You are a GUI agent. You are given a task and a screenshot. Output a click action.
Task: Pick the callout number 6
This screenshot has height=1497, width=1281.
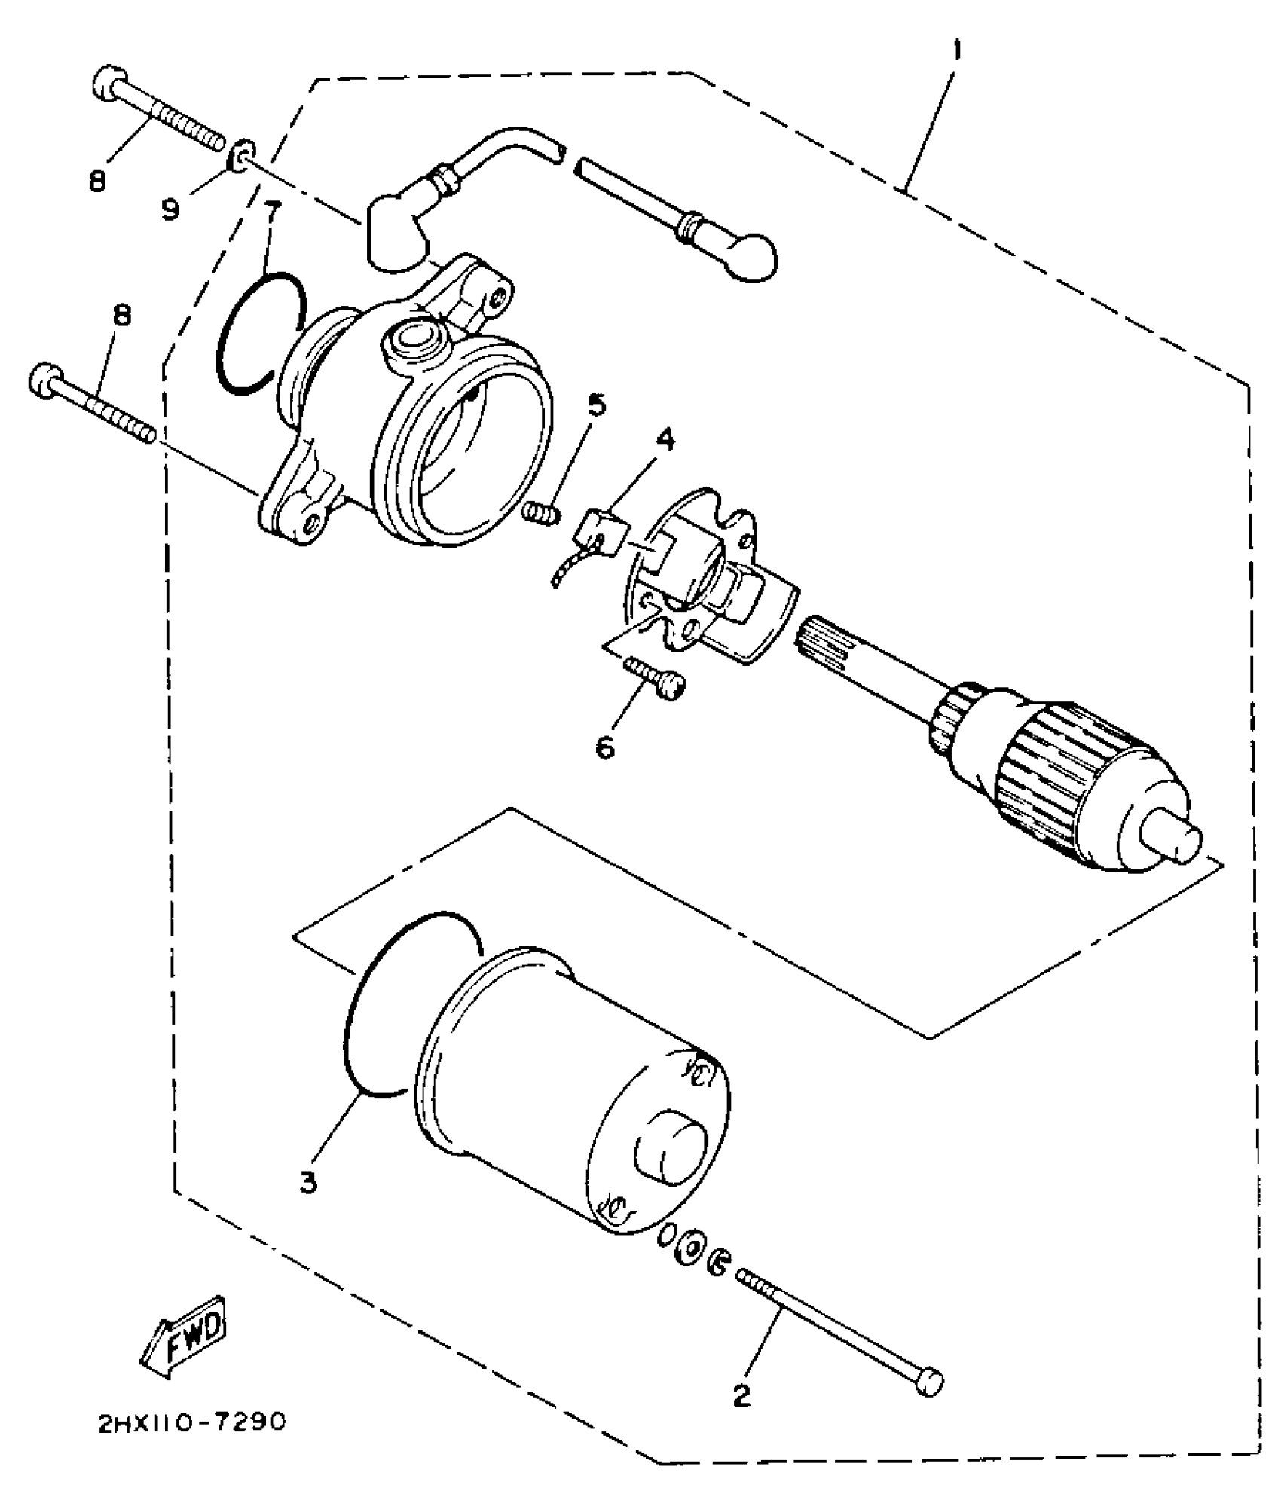(604, 748)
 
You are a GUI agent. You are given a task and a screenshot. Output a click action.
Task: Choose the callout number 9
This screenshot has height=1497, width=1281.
(172, 208)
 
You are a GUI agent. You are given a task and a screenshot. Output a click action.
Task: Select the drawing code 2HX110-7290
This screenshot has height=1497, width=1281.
(192, 1422)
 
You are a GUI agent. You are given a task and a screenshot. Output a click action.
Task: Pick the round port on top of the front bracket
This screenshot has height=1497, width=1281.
(414, 339)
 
